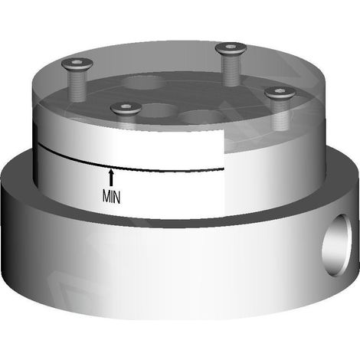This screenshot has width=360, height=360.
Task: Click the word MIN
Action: (111, 197)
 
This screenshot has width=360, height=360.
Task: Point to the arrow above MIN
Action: (111, 177)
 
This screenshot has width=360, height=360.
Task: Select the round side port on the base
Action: (336, 245)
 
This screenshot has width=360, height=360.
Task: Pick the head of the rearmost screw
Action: (231, 48)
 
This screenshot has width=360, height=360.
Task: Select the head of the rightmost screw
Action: (280, 93)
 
